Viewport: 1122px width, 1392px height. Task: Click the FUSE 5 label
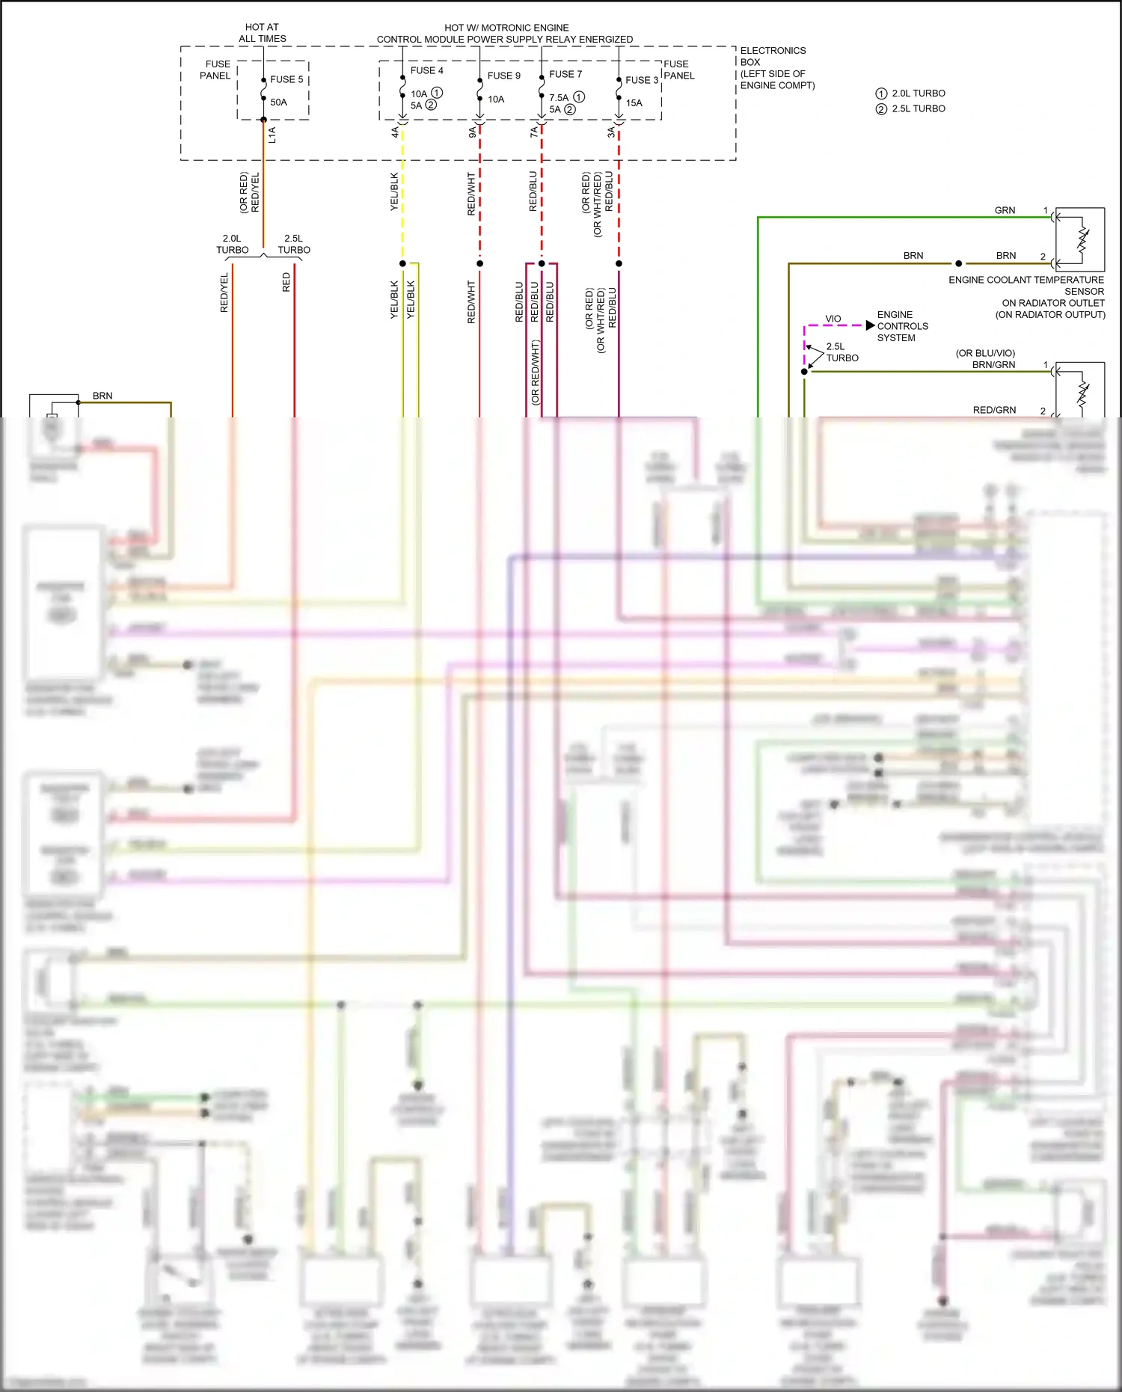coord(286,79)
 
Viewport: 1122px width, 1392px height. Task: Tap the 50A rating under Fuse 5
coord(278,102)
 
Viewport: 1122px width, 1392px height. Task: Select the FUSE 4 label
coord(426,70)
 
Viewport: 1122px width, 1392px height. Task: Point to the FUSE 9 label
coord(503,76)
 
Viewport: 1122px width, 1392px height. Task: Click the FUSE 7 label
coord(565,74)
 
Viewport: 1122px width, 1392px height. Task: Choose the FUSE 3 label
coord(642,80)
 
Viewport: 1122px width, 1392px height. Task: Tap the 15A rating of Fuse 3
coord(634,103)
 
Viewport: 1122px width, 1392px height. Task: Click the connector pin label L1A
coord(272,135)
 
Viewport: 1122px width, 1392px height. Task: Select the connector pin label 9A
coord(472,132)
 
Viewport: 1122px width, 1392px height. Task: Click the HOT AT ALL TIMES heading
coord(262,33)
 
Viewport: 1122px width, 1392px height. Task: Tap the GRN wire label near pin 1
coord(1005,210)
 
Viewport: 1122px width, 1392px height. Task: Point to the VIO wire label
coord(833,319)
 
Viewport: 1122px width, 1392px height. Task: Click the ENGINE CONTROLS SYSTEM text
coord(902,326)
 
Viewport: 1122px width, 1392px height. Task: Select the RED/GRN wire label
coord(994,410)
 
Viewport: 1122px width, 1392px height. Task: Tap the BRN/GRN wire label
coord(993,365)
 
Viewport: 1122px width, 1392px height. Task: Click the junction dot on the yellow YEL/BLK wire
coord(402,263)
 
